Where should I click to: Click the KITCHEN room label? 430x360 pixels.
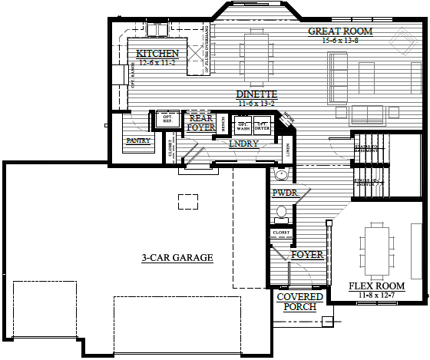[x=157, y=54]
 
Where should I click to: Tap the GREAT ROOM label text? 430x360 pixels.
[x=340, y=31]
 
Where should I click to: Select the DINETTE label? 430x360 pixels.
[x=256, y=94]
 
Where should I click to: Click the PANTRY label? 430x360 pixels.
[x=137, y=141]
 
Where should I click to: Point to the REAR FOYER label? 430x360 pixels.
[x=200, y=123]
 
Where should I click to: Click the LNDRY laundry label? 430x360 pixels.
[x=243, y=144]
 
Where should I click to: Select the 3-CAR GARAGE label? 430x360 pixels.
[x=176, y=258]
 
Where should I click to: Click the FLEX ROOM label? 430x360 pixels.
[x=376, y=286]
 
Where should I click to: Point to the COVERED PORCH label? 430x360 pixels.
[x=296, y=302]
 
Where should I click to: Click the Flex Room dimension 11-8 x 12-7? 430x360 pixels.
[x=376, y=295]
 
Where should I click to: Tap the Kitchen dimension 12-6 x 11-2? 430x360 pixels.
[x=159, y=63]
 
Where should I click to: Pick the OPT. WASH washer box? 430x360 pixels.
[x=243, y=125]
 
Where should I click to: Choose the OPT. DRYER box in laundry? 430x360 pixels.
[x=263, y=125]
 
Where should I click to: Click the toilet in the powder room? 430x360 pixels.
[x=281, y=211]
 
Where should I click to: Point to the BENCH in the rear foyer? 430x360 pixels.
[x=222, y=123]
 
